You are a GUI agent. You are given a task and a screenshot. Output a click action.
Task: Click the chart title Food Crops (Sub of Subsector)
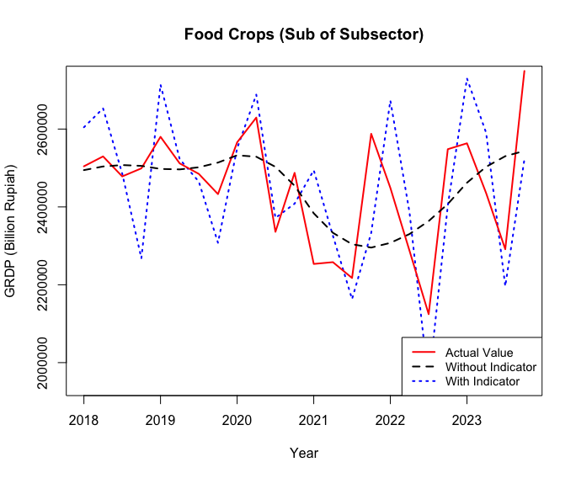click(x=304, y=35)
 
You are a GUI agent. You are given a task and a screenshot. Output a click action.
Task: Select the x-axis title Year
click(x=304, y=453)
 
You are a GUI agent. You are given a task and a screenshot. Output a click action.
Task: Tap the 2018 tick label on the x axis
click(x=83, y=418)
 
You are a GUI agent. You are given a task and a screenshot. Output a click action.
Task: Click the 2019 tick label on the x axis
click(x=160, y=418)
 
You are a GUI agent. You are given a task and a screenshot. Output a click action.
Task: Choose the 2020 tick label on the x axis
click(x=237, y=418)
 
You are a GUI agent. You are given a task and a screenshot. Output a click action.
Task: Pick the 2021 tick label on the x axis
click(x=313, y=418)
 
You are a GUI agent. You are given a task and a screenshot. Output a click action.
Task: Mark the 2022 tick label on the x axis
click(x=390, y=418)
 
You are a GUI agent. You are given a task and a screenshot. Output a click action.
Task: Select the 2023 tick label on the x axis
click(x=467, y=418)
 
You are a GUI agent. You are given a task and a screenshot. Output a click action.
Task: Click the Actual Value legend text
click(x=478, y=353)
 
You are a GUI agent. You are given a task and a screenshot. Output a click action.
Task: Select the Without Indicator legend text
click(x=491, y=367)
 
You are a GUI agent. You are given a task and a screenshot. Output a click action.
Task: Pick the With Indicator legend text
click(x=483, y=381)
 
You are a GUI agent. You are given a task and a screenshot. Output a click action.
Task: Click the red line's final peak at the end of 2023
click(x=524, y=72)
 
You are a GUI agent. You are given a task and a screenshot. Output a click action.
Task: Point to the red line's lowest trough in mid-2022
click(x=429, y=314)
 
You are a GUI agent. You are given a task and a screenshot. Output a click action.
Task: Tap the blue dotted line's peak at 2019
click(x=160, y=84)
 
